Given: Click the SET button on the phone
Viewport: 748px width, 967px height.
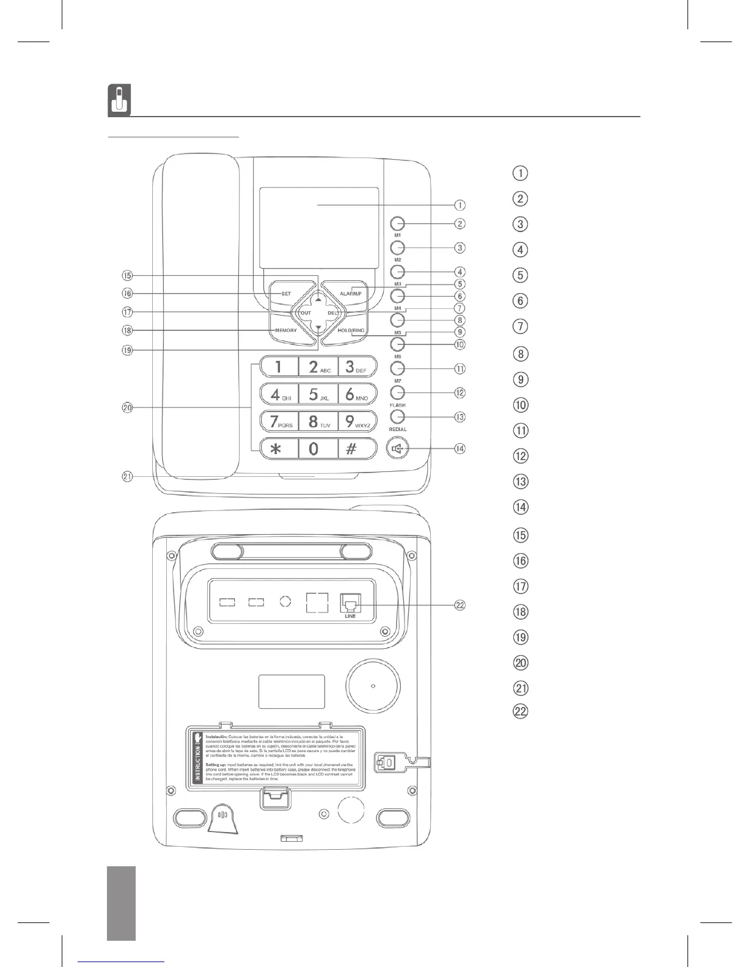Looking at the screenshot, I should tap(285, 294).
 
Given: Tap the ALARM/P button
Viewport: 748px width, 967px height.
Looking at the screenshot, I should tap(350, 294).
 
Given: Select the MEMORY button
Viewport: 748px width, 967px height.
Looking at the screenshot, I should tap(285, 330).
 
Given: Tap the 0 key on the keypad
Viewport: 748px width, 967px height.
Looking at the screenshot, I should tap(313, 449).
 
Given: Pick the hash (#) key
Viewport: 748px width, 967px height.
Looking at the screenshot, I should tap(351, 449).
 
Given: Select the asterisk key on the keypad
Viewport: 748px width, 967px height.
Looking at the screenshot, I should tap(277, 449).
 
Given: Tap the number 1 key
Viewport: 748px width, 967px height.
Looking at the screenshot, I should tap(278, 366).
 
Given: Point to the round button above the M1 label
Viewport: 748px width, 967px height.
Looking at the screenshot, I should tap(397, 223).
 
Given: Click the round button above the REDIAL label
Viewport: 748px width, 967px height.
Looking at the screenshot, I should tap(397, 416).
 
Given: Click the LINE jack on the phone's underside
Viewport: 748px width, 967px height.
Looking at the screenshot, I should tap(351, 604).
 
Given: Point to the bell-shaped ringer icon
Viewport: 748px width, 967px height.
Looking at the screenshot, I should tap(223, 816).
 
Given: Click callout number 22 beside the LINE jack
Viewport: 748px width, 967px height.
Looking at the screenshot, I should tap(460, 605).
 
